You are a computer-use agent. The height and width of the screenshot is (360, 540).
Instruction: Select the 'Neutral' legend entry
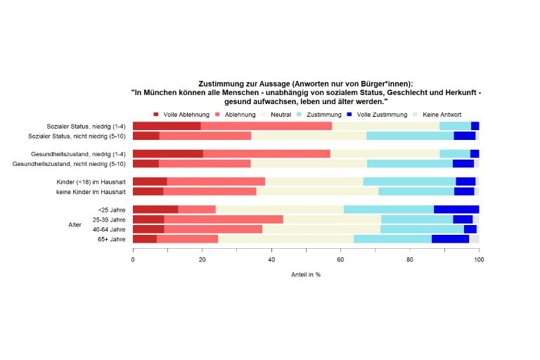(277, 115)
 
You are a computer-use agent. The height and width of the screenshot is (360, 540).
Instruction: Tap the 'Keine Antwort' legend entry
(442, 115)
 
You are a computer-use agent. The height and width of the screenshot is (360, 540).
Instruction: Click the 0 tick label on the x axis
(133, 259)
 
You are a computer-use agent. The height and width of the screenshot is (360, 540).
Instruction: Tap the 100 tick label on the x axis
(479, 259)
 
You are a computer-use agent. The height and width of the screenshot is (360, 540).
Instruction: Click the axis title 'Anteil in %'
(306, 274)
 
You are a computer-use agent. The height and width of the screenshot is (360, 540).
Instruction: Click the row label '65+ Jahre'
(112, 239)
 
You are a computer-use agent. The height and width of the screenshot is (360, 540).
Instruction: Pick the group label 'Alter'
(75, 224)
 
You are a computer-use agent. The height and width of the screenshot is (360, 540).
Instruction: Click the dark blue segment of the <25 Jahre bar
(456, 210)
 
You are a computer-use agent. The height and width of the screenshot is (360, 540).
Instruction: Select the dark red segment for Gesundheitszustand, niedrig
(167, 153)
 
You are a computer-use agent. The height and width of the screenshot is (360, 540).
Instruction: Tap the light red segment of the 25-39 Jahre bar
(224, 219)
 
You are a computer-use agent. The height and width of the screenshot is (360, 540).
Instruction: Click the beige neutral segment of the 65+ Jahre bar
(285, 239)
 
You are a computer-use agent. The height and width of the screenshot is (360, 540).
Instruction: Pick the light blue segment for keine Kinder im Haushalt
(416, 191)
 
